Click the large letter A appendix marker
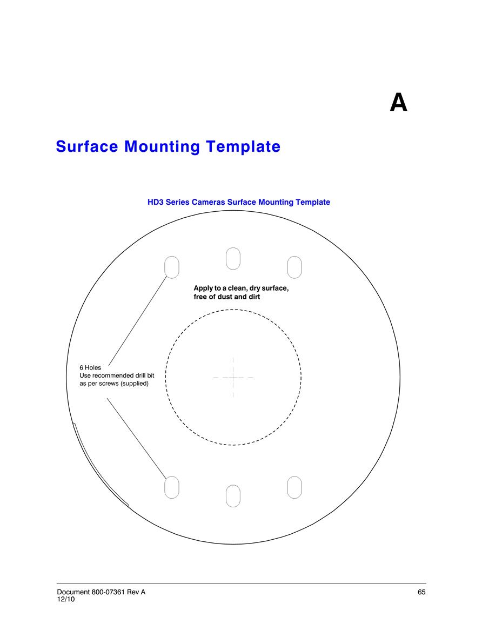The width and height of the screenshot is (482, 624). click(398, 103)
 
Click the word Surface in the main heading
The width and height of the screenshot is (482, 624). click(87, 146)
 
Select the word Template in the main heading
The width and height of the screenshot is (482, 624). click(243, 147)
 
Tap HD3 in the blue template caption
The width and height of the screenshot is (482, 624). click(155, 202)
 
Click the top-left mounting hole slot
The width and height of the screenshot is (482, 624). click(172, 267)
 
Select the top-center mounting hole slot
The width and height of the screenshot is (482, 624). click(233, 259)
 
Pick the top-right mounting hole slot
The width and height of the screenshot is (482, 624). click(294, 267)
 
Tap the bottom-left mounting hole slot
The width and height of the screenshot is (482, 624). click(172, 487)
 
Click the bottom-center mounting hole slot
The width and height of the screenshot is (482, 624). click(233, 496)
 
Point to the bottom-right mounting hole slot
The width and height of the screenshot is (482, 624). click(294, 487)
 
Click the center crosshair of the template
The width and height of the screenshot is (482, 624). click(233, 377)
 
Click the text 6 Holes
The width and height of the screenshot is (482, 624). click(90, 368)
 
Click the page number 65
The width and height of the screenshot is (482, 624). click(421, 592)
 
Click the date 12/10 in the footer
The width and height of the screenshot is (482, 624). click(66, 599)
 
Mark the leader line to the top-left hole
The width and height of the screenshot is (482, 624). click(138, 320)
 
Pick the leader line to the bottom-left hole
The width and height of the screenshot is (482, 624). click(137, 438)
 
